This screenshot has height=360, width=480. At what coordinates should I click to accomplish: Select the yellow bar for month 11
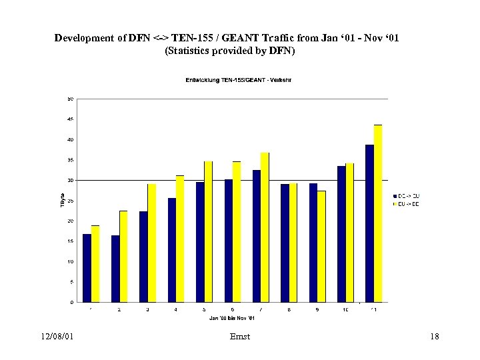tap(378, 213)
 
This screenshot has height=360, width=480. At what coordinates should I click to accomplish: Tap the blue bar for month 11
tap(369, 223)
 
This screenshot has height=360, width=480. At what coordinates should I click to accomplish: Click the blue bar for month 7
tap(257, 236)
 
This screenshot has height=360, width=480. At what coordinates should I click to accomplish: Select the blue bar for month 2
tap(115, 268)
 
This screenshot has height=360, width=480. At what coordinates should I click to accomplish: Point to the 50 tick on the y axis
tap(70, 99)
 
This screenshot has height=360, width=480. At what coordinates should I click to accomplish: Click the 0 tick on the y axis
tap(71, 302)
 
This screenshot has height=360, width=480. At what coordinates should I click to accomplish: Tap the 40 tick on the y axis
tap(70, 139)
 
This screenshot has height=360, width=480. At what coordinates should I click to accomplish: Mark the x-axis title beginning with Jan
tap(231, 318)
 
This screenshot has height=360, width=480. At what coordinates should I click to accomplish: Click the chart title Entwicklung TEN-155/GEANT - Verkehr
tap(237, 80)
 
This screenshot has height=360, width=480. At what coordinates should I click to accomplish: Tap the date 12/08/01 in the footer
tap(56, 337)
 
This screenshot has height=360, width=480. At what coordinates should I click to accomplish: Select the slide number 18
tap(435, 337)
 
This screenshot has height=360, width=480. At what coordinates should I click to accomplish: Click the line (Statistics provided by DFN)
tap(229, 51)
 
